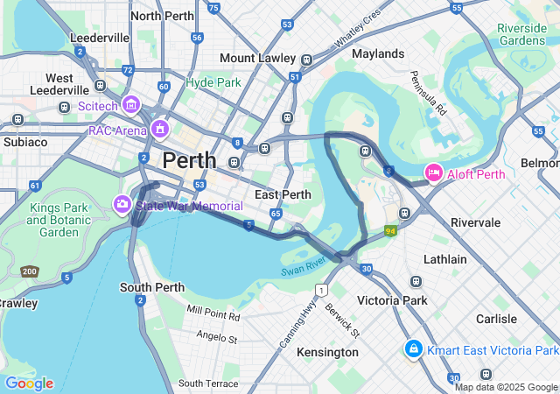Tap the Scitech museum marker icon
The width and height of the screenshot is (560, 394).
point(131,105)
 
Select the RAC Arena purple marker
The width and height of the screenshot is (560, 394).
point(159,130)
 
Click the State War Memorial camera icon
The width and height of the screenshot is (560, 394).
point(122,204)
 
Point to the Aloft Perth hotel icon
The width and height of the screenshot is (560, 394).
point(433,173)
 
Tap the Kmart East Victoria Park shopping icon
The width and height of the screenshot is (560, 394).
point(413,350)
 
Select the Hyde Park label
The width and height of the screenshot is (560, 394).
point(213,82)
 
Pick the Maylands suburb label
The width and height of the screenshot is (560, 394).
point(378,53)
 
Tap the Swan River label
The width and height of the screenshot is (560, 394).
point(304,266)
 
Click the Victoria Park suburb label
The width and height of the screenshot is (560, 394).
point(393,300)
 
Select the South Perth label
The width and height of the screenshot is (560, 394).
point(151,287)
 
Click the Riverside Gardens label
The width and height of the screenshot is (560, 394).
point(521,34)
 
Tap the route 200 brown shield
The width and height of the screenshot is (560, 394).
point(30,271)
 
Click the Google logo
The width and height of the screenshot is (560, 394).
point(29,383)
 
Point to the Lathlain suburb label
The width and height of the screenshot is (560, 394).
point(446,259)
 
